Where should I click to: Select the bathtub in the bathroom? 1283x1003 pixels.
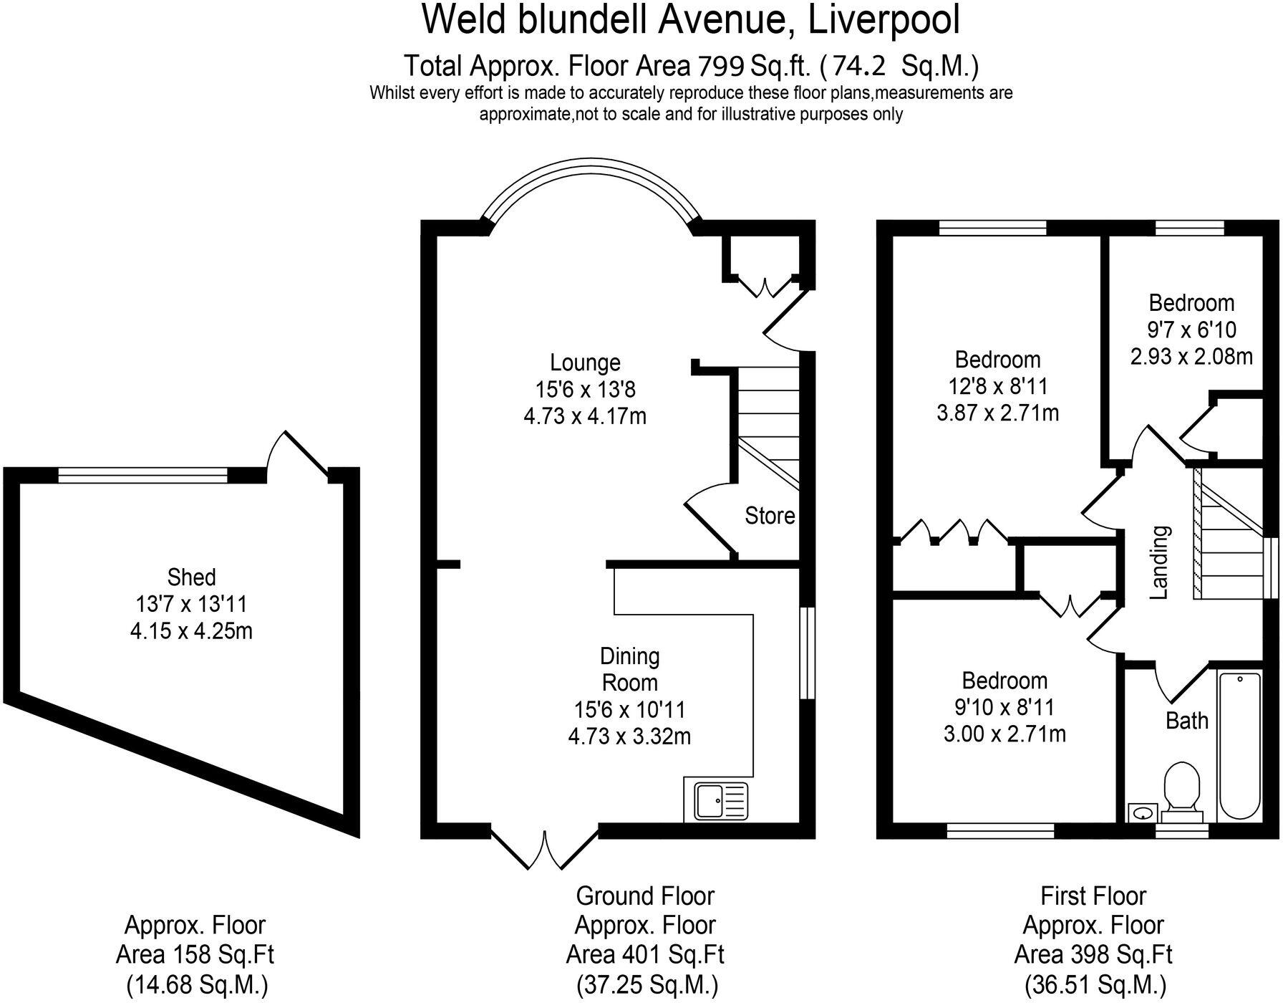coord(1239,745)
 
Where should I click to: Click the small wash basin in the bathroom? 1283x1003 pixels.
coord(1143,814)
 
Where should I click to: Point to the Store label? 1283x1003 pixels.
coord(770,516)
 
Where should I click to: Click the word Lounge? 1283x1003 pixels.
coord(585,363)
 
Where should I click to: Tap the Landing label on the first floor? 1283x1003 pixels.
coord(1159,562)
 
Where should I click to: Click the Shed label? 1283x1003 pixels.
coord(191,577)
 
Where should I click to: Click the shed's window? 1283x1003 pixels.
coord(143,474)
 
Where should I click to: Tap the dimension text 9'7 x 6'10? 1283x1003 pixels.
coord(1191,330)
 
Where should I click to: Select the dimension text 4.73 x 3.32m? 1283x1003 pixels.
coord(629,736)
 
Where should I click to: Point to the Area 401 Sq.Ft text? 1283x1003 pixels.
coord(645,954)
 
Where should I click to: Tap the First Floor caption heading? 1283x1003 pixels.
coord(1093,896)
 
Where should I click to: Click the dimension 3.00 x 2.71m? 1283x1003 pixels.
coord(1004,734)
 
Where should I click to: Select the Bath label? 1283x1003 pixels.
coord(1186,721)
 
